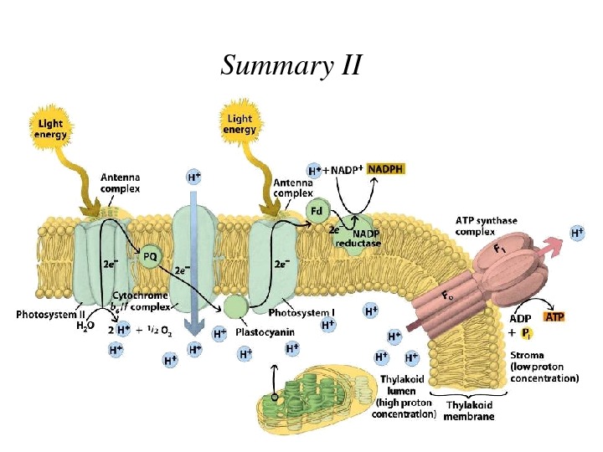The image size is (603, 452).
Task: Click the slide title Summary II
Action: pyautogui.click(x=291, y=64)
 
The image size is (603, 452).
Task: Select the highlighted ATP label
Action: pyautogui.click(x=554, y=317)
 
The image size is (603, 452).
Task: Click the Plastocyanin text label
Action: pyautogui.click(x=262, y=331)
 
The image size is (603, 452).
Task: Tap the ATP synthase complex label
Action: pyautogui.click(x=487, y=225)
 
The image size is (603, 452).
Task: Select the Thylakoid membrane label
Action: pyautogui.click(x=469, y=410)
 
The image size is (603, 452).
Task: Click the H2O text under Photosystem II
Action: pyautogui.click(x=85, y=326)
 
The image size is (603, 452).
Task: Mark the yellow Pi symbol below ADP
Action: pyautogui.click(x=526, y=333)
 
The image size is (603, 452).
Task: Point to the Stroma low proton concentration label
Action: pyautogui.click(x=544, y=367)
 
